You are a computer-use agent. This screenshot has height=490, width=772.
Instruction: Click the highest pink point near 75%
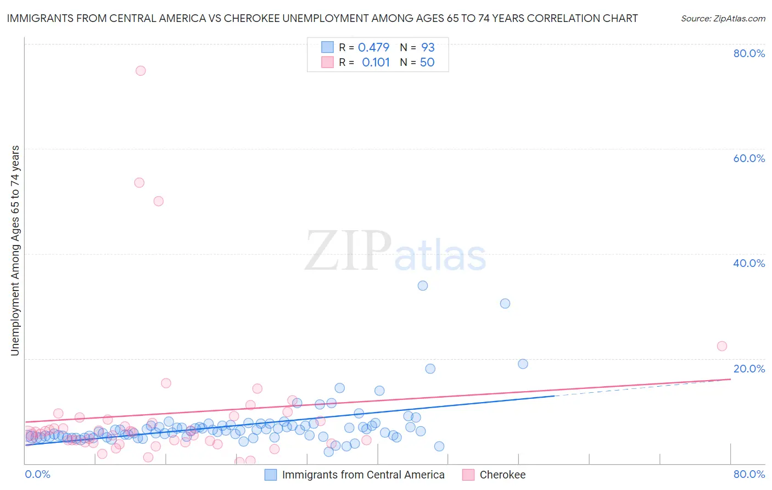click(x=141, y=70)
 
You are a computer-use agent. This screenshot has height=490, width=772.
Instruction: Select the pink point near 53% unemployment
click(x=139, y=182)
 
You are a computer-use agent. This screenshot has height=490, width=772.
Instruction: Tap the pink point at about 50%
click(x=159, y=201)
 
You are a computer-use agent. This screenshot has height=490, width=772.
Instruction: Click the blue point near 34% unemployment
click(x=423, y=286)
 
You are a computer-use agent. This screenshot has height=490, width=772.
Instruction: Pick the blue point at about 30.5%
click(x=505, y=303)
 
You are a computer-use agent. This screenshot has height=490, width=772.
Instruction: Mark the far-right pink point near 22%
click(x=722, y=346)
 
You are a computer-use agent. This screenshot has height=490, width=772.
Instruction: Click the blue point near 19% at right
click(x=523, y=364)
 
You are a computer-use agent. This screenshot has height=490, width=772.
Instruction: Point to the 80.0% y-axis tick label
click(x=749, y=53)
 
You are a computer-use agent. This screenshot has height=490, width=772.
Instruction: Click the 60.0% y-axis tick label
click(x=749, y=158)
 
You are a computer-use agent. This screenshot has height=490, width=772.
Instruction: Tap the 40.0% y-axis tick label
click(x=749, y=263)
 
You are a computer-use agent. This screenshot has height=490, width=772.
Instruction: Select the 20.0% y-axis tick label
click(x=749, y=369)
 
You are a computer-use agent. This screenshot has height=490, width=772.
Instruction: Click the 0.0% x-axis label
click(x=37, y=475)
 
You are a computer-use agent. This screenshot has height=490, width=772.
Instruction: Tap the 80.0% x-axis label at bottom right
click(x=749, y=475)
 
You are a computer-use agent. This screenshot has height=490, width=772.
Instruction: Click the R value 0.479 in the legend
click(x=373, y=47)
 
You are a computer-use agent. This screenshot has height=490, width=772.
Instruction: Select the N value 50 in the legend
click(x=427, y=63)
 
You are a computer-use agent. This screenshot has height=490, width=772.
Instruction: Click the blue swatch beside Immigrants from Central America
click(x=271, y=475)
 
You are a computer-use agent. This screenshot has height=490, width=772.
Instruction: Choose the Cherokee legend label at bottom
click(x=502, y=475)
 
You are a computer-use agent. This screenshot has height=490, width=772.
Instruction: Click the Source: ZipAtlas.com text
click(x=723, y=18)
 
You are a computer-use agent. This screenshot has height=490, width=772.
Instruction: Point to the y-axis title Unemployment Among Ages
click(x=15, y=250)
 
